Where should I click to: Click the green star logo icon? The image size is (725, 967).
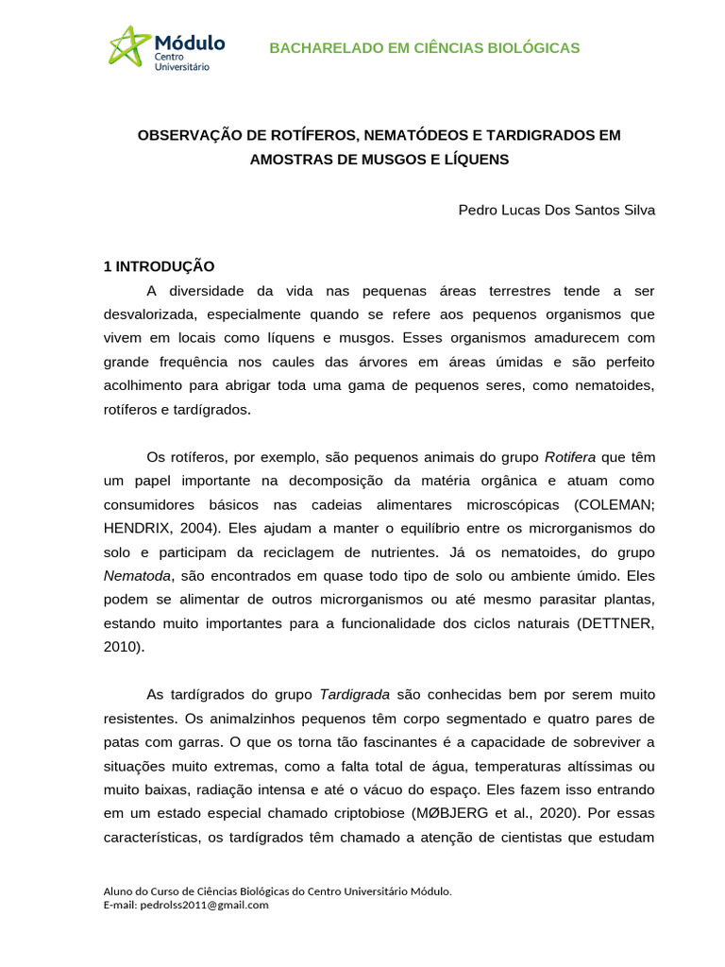[x=129, y=45]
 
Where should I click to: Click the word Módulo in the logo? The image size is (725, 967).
[x=189, y=42]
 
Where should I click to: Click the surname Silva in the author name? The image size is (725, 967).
[x=634, y=210]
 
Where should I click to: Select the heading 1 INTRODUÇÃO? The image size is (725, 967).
[x=160, y=266]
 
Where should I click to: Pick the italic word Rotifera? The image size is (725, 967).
[x=570, y=457]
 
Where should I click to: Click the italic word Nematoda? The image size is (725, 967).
[x=137, y=575]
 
